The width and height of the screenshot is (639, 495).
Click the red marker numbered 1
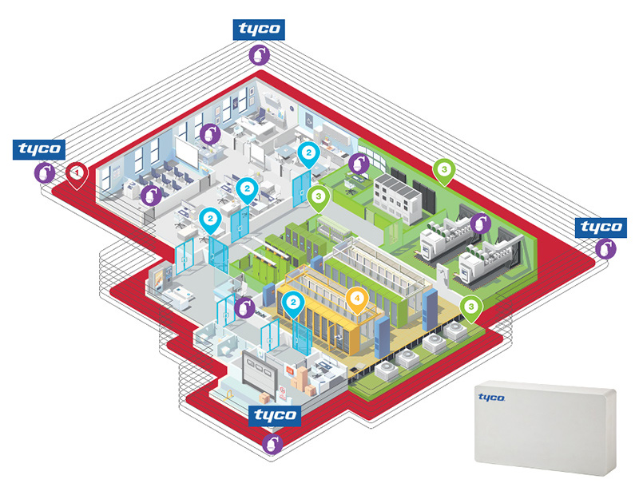click(77, 172)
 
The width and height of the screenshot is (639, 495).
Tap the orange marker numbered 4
click(357, 299)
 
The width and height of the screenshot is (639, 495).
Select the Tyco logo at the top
click(258, 29)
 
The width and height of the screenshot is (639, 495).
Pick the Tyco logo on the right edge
click(601, 227)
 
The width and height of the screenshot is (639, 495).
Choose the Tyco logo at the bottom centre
click(275, 415)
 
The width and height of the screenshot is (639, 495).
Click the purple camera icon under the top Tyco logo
click(258, 54)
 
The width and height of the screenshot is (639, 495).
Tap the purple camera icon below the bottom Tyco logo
click(273, 441)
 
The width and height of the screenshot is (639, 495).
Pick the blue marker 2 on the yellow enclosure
click(296, 303)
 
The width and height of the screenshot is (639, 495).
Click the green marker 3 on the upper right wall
click(443, 170)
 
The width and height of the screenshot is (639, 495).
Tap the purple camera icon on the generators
click(478, 224)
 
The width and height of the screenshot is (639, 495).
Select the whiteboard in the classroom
click(185, 152)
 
